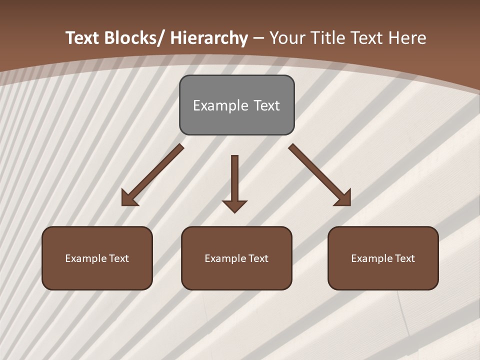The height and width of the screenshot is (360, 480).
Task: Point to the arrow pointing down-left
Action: tap(152, 175)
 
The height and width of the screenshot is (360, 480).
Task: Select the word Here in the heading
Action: tap(408, 38)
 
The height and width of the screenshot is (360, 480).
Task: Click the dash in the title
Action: tap(258, 38)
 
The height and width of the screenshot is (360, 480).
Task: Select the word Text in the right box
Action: tap(404, 258)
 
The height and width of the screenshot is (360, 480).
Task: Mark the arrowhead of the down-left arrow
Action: tap(129, 198)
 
